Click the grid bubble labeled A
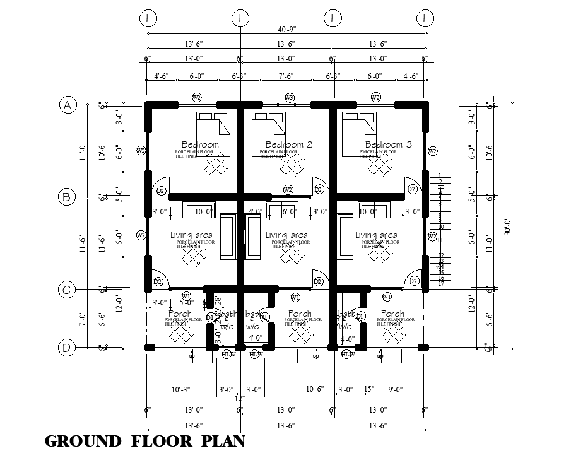[x=68, y=105]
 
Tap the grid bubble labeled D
[x=68, y=347]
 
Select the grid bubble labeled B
[x=68, y=197]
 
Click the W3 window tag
[x=290, y=97]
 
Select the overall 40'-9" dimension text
[x=286, y=29]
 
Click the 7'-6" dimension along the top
[x=286, y=77]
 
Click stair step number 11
[x=440, y=240]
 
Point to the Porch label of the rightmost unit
[x=392, y=314]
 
